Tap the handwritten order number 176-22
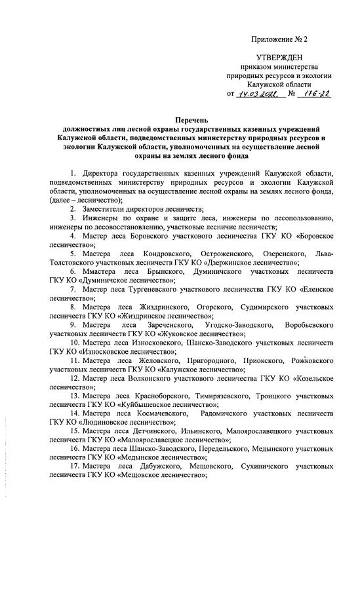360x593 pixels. click(x=313, y=94)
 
